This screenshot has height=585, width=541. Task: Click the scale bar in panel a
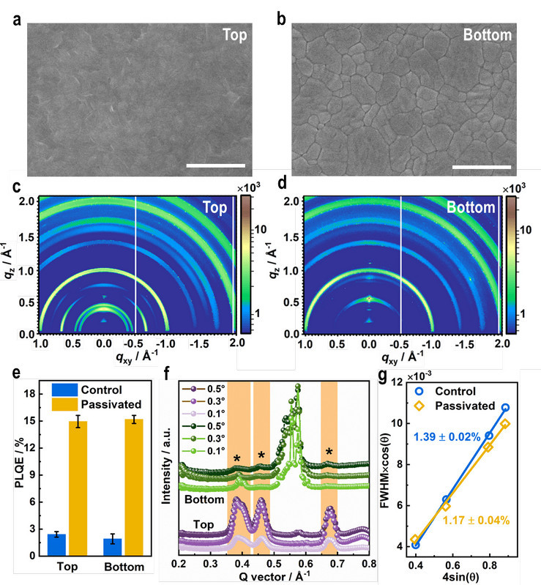tap(215, 165)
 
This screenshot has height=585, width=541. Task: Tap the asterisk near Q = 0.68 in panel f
tap(329, 453)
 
